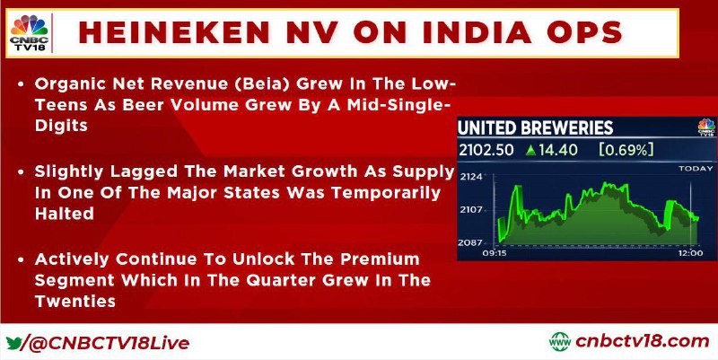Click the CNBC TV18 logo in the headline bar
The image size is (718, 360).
(30, 32)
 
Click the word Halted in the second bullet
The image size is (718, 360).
(64, 213)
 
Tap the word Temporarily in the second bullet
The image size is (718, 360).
(386, 192)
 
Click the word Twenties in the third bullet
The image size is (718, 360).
(74, 301)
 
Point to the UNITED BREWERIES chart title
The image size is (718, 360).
(535, 127)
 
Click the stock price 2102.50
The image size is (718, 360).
(486, 150)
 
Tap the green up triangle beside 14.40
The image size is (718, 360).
(530, 150)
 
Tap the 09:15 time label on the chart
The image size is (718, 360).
(495, 253)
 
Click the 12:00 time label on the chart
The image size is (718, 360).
(690, 253)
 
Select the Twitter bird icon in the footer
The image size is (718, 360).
(13, 343)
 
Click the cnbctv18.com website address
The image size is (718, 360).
(643, 342)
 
